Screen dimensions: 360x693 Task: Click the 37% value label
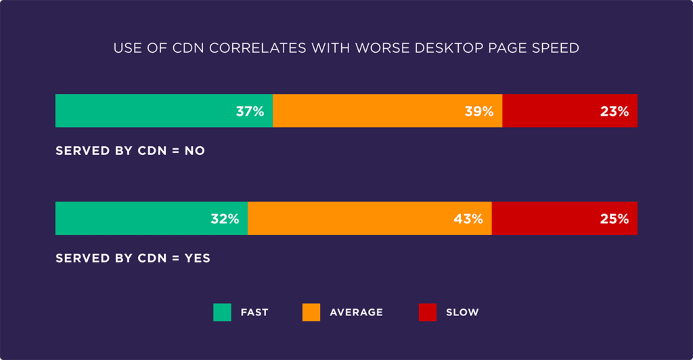pyautogui.click(x=250, y=112)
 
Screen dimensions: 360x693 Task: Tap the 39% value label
pyautogui.click(x=478, y=112)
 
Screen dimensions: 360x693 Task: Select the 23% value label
pyautogui.click(x=614, y=112)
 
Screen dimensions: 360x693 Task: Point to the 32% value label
pyautogui.click(x=225, y=219)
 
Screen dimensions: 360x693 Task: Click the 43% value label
pyautogui.click(x=468, y=219)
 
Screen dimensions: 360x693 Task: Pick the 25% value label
pyautogui.click(x=614, y=219)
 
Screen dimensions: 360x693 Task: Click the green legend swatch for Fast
pyautogui.click(x=222, y=312)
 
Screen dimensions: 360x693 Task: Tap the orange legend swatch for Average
pyautogui.click(x=311, y=312)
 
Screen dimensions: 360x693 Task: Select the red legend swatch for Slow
pyautogui.click(x=428, y=312)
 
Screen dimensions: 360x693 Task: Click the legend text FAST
pyautogui.click(x=254, y=313)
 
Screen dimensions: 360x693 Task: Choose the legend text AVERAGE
pyautogui.click(x=356, y=313)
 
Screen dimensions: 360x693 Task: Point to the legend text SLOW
pyautogui.click(x=462, y=313)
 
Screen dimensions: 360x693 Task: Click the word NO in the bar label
pyautogui.click(x=195, y=151)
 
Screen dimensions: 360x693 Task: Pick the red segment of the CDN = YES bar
pyautogui.click(x=564, y=219)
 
